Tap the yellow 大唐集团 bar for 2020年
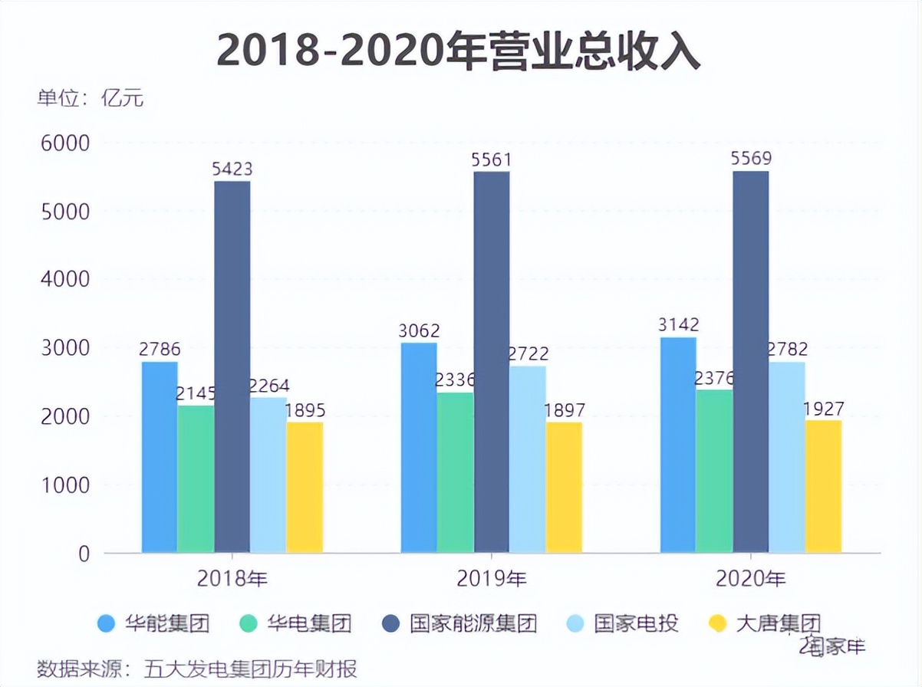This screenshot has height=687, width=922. point(823,486)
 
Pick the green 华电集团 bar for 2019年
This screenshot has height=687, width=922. point(456,472)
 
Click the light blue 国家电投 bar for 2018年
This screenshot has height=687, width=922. point(268,475)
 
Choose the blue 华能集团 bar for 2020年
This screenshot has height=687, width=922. point(678,445)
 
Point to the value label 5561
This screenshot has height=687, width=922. point(492,160)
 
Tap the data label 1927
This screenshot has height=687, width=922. point(825,408)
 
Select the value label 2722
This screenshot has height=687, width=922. point(528,354)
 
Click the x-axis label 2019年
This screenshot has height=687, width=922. point(492,579)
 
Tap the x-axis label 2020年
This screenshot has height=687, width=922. point(751,579)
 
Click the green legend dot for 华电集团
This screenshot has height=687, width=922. point(249,623)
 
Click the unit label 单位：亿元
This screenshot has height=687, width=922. point(91,99)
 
